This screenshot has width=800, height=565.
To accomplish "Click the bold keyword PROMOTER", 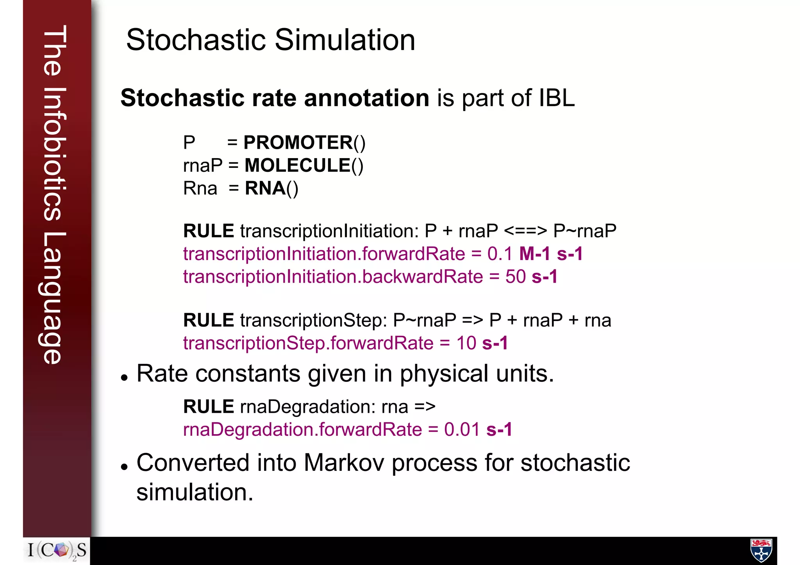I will tap(298, 143).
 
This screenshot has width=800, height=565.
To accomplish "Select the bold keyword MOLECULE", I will tap(298, 166).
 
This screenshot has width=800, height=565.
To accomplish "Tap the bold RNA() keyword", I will tap(271, 189).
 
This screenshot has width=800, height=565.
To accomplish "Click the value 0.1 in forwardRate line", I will tap(499, 254).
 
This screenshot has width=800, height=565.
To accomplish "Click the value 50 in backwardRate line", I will tap(515, 277).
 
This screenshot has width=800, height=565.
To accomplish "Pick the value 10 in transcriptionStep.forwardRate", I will tap(466, 343).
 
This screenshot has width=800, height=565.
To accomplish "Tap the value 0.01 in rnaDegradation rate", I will tap(462, 430).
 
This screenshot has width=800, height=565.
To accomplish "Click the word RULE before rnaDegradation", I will tap(209, 407).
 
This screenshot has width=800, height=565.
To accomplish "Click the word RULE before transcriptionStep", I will tap(209, 321).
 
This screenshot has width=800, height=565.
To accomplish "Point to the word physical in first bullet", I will tap(444, 374).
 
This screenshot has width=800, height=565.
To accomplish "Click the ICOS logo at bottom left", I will tap(57, 551).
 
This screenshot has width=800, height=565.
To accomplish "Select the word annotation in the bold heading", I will tap(366, 98).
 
